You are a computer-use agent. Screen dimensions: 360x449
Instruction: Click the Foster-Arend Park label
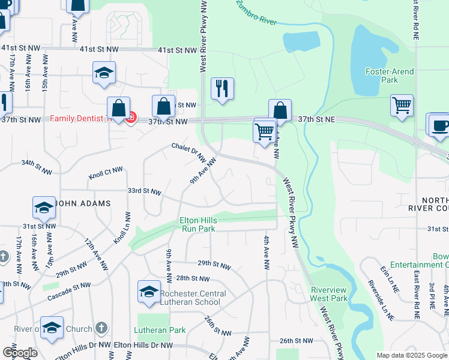point(390,76)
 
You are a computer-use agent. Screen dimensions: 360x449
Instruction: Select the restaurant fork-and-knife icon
point(223,88)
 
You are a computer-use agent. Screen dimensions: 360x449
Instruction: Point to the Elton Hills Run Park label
point(198,224)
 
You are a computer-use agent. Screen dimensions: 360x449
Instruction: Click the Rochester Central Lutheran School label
point(193,298)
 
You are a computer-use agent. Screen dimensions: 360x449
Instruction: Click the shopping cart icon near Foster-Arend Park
point(401,105)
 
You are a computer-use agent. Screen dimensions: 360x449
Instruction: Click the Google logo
point(20,353)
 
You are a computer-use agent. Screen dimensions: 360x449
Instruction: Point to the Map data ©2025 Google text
point(412,355)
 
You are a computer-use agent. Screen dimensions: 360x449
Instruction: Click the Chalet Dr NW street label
point(188,149)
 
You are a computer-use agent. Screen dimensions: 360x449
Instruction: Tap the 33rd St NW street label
point(144,191)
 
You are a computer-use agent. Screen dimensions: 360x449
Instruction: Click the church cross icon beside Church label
point(101,328)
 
